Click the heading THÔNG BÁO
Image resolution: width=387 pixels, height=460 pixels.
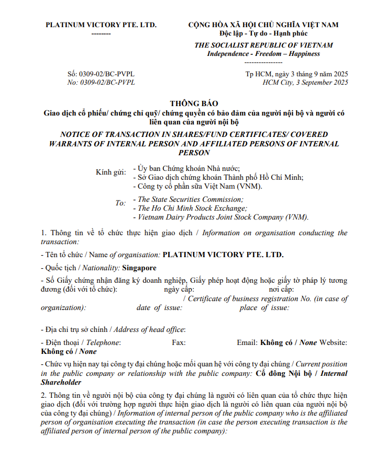194,103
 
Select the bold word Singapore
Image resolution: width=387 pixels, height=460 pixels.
139,268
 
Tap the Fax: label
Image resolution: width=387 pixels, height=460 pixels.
179,342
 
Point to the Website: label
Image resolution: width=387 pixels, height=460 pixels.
333,342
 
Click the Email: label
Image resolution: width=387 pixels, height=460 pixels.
247,342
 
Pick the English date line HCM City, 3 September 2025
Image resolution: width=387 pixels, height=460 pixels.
305,83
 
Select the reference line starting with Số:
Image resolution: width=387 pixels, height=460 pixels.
101,74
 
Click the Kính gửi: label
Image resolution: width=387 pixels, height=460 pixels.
111,172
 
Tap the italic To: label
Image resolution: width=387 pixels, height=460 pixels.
120,203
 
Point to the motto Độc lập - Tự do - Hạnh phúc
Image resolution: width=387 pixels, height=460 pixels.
263,33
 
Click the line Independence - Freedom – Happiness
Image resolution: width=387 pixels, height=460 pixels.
263,54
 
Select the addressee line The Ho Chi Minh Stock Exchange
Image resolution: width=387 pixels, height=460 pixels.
192,208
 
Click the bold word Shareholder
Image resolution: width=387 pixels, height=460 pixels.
61,382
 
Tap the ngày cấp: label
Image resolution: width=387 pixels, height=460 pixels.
179,289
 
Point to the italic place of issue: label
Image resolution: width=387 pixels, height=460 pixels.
264,308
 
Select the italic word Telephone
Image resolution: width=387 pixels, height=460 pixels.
103,342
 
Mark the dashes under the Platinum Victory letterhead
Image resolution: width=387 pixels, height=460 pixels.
101,33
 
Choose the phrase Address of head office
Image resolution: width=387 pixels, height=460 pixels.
149,329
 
